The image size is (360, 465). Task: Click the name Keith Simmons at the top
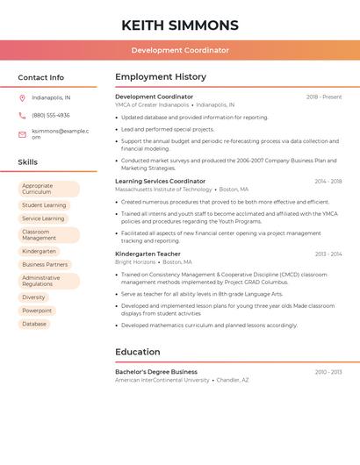[x=180, y=25]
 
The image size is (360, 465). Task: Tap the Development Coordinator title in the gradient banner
[x=180, y=50]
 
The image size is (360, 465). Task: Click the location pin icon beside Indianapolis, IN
[x=22, y=97]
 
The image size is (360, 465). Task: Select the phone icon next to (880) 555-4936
[x=22, y=115]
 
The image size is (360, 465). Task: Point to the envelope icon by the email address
[x=22, y=134]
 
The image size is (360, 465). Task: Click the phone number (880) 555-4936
[x=51, y=115]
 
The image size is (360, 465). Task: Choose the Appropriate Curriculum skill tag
[x=48, y=189]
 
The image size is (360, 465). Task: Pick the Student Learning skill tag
[x=44, y=205]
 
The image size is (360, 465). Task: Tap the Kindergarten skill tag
[x=39, y=251]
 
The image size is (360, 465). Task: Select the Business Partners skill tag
[x=45, y=264]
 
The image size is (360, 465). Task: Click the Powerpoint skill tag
[x=37, y=311]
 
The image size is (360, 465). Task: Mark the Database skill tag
[x=34, y=324]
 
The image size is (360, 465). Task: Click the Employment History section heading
[x=161, y=77]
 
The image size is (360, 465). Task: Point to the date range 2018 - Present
[x=324, y=97]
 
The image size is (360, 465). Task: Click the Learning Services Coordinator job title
[x=160, y=181]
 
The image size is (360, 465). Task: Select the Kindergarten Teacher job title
[x=148, y=254]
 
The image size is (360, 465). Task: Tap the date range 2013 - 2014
[x=328, y=254]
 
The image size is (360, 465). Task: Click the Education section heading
[x=137, y=352]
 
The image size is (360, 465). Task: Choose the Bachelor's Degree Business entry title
[x=156, y=372]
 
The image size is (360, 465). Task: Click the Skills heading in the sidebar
[x=28, y=162]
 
